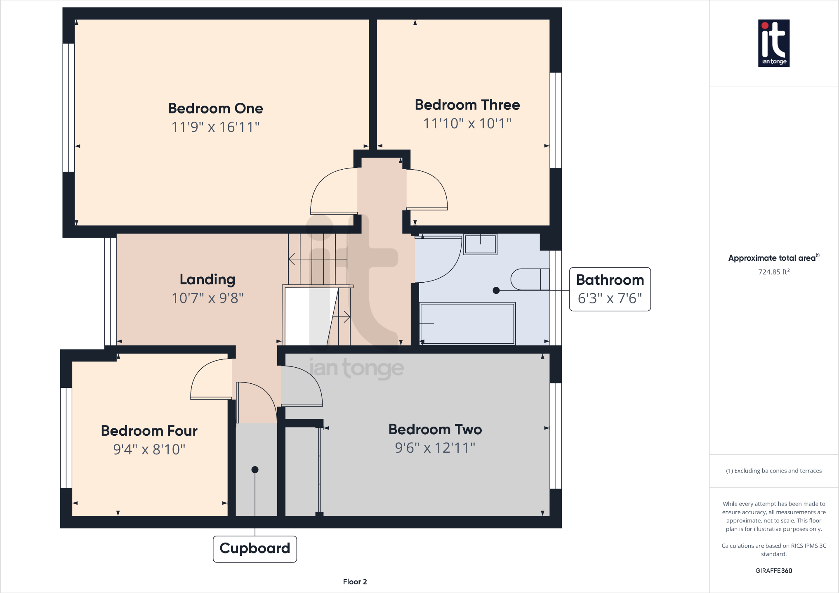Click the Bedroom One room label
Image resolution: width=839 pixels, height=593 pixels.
(x=215, y=109)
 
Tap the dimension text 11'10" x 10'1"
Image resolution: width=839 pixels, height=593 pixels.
(x=467, y=123)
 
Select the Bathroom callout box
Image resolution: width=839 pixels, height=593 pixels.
(x=610, y=289)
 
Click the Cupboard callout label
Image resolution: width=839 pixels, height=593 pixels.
(x=255, y=548)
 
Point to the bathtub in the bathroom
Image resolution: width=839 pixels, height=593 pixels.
(x=467, y=324)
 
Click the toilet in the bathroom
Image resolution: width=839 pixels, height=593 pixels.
(x=530, y=279)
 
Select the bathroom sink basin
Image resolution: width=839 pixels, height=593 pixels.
(x=480, y=244)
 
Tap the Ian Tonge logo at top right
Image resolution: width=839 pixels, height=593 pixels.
(x=773, y=43)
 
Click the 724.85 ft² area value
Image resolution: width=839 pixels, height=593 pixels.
(x=773, y=272)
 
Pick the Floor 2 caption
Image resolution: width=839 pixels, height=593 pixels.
(x=355, y=581)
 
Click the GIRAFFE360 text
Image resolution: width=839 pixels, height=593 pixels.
(x=773, y=571)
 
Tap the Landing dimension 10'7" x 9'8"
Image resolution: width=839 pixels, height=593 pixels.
(x=207, y=298)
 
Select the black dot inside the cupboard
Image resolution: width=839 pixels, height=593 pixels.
(x=255, y=470)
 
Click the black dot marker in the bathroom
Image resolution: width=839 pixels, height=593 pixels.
(x=496, y=291)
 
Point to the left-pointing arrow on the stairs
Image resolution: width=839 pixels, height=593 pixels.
(x=292, y=259)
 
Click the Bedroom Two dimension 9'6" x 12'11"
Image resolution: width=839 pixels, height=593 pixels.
(x=435, y=448)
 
